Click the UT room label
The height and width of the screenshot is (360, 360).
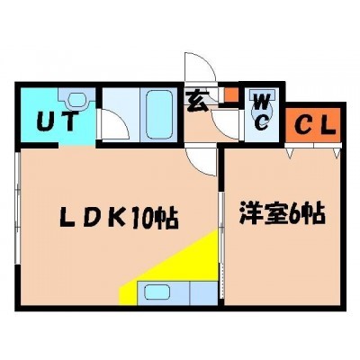pyautogui.click(x=58, y=121)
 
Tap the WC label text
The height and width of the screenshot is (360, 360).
pyautogui.click(x=262, y=112)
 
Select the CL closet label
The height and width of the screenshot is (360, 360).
pyautogui.click(x=313, y=126)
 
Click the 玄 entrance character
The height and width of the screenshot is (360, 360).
pyautogui.click(x=198, y=101)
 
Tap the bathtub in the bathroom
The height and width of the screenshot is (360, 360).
pyautogui.click(x=159, y=114)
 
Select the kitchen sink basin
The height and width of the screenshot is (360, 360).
pyautogui.click(x=157, y=292)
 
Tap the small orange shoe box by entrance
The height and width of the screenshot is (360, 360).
pyautogui.click(x=231, y=94)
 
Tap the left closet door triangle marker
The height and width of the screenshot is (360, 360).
pyautogui.click(x=290, y=152)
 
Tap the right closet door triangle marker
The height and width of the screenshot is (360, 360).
pyautogui.click(x=337, y=152)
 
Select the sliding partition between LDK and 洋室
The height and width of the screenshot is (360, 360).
pyautogui.click(x=221, y=246)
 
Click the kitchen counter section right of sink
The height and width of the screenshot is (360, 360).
pyautogui.click(x=203, y=292)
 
